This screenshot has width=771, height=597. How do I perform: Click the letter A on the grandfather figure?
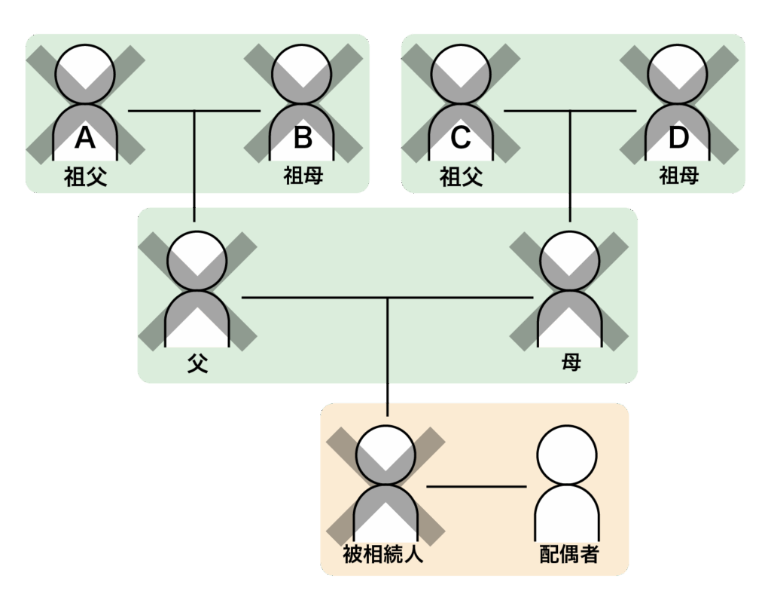tap(85, 138)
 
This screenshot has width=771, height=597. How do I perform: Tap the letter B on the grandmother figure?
tap(303, 138)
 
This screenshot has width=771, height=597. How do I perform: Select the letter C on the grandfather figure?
tap(461, 138)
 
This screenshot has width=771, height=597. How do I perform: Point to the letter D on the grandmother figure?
tap(678, 138)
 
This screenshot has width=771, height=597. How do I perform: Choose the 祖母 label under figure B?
tap(303, 176)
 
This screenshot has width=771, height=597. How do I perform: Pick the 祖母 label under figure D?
tap(678, 176)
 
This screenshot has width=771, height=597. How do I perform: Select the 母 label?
tap(571, 364)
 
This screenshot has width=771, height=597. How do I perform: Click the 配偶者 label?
tap(569, 556)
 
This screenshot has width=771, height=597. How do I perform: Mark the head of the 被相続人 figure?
tap(385, 454)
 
